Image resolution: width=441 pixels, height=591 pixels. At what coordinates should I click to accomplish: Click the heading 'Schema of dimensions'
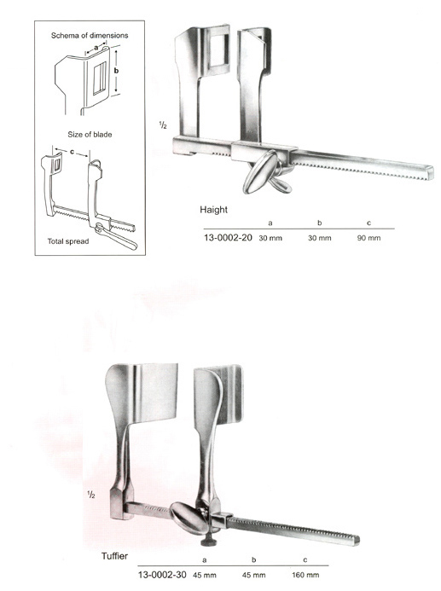click(x=90, y=36)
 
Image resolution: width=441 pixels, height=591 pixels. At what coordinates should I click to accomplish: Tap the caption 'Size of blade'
click(x=90, y=135)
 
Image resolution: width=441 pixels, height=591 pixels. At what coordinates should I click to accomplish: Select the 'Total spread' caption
click(x=68, y=241)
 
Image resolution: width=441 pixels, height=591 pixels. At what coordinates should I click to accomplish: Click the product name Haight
click(x=214, y=210)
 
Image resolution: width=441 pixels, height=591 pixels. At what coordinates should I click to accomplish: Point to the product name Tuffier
click(x=114, y=556)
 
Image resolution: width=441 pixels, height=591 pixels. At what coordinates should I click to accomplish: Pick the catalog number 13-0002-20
click(x=228, y=238)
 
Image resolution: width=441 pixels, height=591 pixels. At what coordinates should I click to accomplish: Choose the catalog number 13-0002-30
click(x=162, y=575)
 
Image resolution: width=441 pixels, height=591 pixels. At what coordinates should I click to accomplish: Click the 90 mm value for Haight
click(x=369, y=238)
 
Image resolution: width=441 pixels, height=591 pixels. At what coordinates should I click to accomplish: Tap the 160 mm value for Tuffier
click(x=305, y=575)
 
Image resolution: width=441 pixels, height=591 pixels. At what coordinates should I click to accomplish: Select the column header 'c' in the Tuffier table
click(x=305, y=560)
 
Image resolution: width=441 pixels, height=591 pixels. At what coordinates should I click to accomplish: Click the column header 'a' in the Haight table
click(x=270, y=223)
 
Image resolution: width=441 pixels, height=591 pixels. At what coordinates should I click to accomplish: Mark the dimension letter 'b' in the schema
click(x=117, y=71)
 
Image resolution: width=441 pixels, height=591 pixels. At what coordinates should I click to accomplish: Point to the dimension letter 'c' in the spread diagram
click(x=72, y=153)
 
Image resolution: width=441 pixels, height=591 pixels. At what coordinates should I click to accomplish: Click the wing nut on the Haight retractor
click(x=266, y=173)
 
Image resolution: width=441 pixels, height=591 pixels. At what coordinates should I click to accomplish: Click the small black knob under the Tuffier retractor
click(x=208, y=542)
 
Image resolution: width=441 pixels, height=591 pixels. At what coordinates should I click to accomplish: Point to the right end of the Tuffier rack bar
click(x=357, y=540)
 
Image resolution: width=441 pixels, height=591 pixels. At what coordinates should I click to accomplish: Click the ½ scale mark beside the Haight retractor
click(x=163, y=125)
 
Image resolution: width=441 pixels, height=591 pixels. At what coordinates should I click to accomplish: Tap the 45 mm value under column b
click(x=253, y=575)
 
